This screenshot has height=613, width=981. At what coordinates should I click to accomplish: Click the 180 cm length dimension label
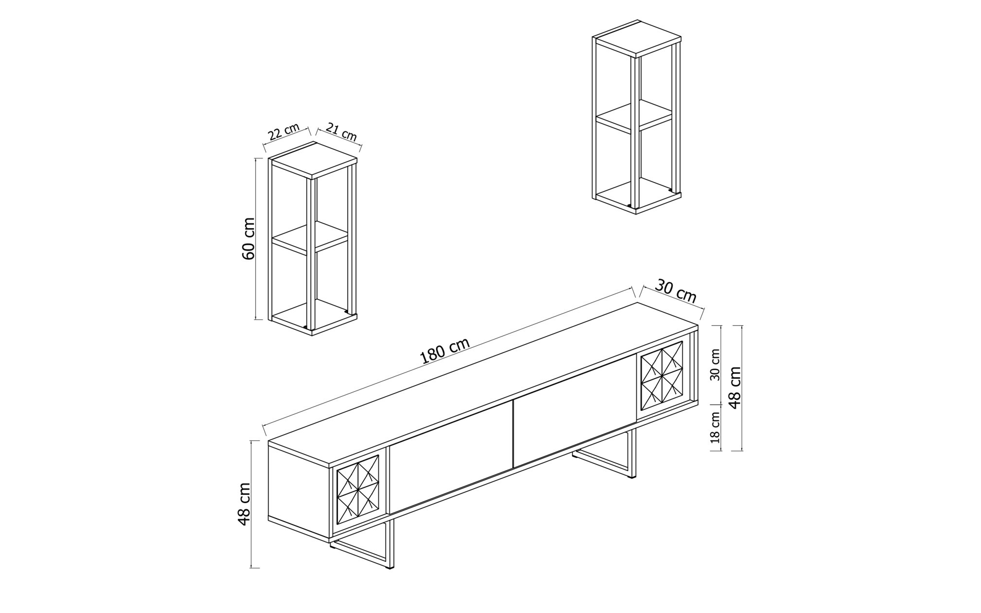445,350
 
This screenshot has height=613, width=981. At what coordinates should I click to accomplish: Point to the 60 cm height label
249,239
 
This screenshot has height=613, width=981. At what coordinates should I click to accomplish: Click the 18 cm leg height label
715,427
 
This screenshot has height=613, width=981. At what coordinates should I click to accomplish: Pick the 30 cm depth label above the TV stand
675,291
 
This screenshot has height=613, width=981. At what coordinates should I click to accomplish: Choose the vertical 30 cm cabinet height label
715,365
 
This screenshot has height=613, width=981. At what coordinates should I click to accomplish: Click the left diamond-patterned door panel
358,494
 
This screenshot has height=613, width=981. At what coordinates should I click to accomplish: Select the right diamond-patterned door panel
662,375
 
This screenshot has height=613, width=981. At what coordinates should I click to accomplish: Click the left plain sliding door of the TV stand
450,458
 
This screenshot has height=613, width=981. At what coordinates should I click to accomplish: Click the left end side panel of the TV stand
298,490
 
